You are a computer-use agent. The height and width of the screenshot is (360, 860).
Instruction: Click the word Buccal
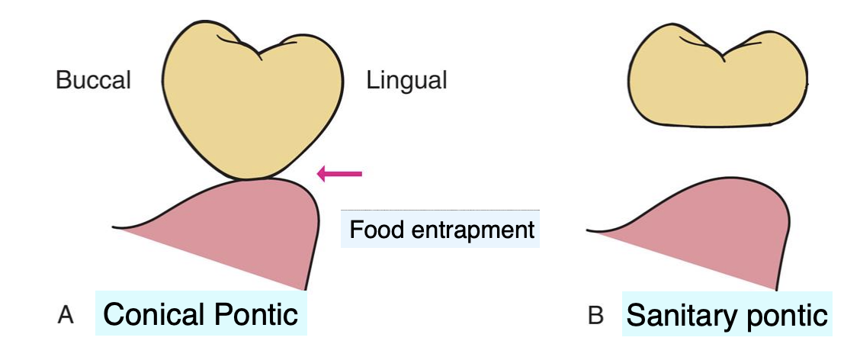(x=93, y=80)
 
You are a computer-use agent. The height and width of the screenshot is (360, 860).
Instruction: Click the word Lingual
(x=406, y=80)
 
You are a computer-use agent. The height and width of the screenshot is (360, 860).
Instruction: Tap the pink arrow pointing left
(x=339, y=175)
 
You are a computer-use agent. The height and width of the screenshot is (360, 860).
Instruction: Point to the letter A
(x=66, y=315)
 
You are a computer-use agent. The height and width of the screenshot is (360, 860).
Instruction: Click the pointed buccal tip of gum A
(x=114, y=227)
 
